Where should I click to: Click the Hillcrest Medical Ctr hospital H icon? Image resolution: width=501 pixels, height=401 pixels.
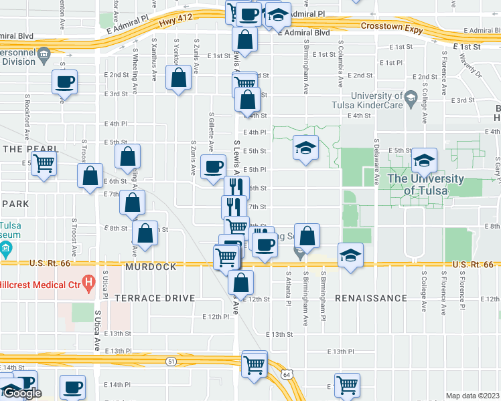point(86,281)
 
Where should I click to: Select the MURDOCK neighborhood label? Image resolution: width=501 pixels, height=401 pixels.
point(151,267)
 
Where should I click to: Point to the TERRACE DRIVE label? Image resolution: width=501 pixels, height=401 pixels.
point(155,298)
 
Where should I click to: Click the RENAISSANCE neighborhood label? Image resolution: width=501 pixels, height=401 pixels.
point(368,297)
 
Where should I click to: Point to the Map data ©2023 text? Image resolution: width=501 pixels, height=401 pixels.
point(472,396)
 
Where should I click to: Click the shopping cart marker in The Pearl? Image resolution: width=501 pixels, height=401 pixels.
point(44,162)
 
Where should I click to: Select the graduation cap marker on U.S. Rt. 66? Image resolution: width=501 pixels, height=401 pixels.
point(350,255)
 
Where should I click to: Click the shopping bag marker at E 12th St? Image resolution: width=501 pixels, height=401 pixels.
point(240,281)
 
